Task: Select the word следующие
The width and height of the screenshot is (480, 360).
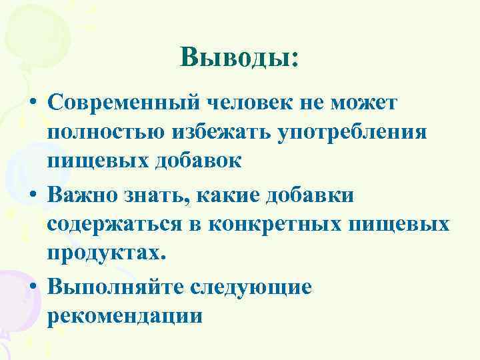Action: [x=251, y=286]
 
